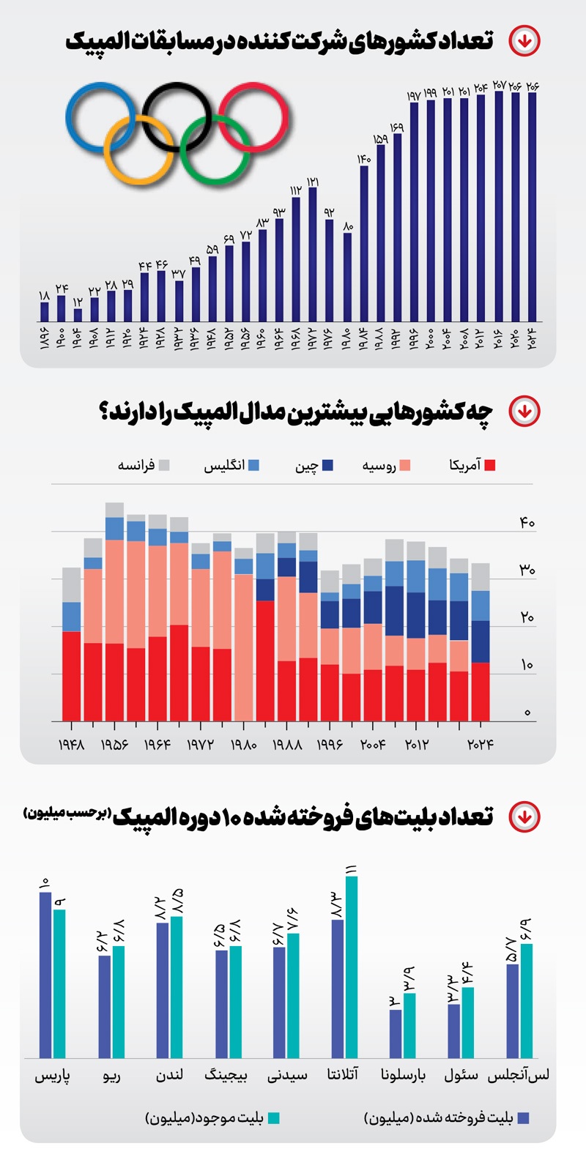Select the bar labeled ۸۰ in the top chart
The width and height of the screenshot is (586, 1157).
pos(347,278)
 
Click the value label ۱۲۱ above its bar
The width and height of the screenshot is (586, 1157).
pos(313,181)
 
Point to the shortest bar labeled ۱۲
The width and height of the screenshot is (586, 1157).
pos(78,315)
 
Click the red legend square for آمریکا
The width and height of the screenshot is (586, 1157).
pos(490,465)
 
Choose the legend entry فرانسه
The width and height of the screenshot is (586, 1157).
pos(144,465)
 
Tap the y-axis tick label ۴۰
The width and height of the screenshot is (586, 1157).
pos(527,523)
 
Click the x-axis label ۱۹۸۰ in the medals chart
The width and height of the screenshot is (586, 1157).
pos(243,745)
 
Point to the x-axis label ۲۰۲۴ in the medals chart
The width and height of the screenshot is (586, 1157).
pos(481,745)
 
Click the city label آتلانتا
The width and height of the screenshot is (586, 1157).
pos(343,1075)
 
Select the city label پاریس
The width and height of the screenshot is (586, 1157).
pos(53,1076)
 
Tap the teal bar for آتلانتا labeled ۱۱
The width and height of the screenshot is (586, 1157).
pos(352,967)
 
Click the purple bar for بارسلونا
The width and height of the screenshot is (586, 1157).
pos(396,1034)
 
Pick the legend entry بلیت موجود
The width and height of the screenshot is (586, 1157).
pos(212,1118)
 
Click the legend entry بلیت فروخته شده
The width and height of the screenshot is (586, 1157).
pos(447,1118)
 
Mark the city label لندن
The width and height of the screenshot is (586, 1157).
pos(169,1075)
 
